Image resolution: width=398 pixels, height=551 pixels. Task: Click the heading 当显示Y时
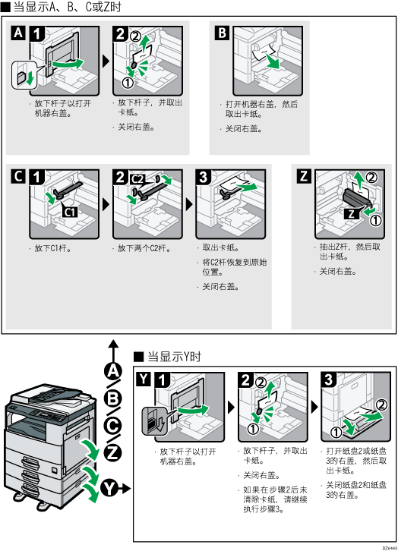[172, 356]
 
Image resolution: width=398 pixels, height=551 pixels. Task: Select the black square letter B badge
[221, 34]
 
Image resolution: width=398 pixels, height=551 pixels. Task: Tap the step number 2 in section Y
[246, 379]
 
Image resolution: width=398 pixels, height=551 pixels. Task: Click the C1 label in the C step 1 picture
[68, 213]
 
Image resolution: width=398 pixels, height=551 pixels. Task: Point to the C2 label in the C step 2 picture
[137, 178]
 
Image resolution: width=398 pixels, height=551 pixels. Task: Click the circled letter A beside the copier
[113, 370]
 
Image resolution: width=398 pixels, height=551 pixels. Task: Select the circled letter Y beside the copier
[113, 486]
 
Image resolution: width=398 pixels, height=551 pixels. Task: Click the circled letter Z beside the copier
[113, 454]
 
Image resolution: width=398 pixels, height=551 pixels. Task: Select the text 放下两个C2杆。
[142, 248]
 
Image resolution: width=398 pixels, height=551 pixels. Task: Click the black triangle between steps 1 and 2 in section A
[106, 58]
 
